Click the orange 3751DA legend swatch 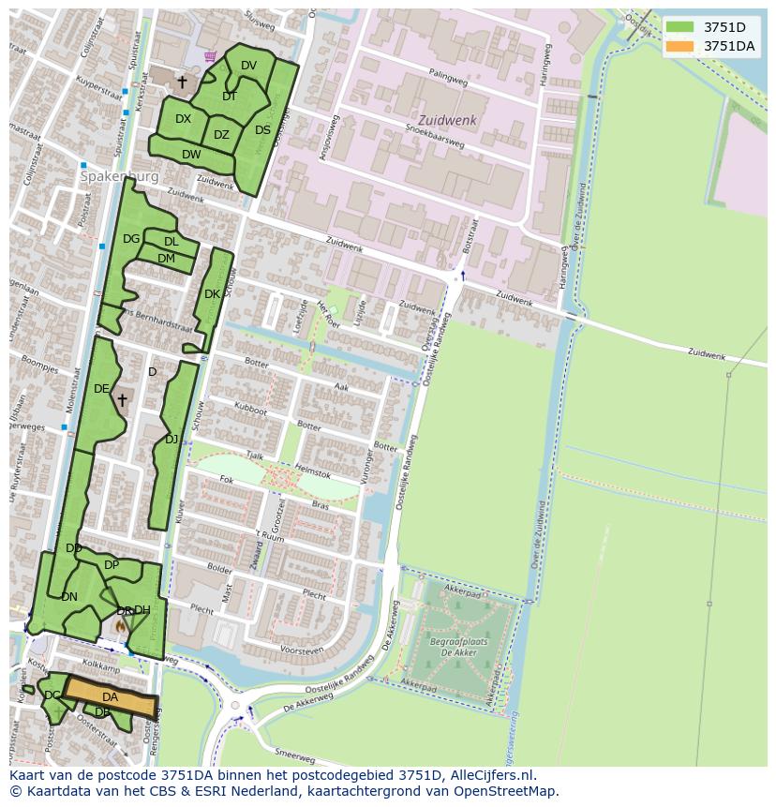point(680,46)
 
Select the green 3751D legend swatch point(680,27)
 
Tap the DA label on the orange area point(110,697)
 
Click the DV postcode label point(248,66)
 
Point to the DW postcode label point(191,155)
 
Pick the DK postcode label point(212,294)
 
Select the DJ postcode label point(172,439)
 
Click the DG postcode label point(131,239)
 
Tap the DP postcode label point(112,565)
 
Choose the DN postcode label point(69,596)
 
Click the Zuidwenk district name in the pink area point(447,121)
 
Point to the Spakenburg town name point(119,176)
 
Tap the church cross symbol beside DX point(182,82)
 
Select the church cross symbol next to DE point(122,400)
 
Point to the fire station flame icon point(120,624)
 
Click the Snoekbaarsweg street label point(434,137)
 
